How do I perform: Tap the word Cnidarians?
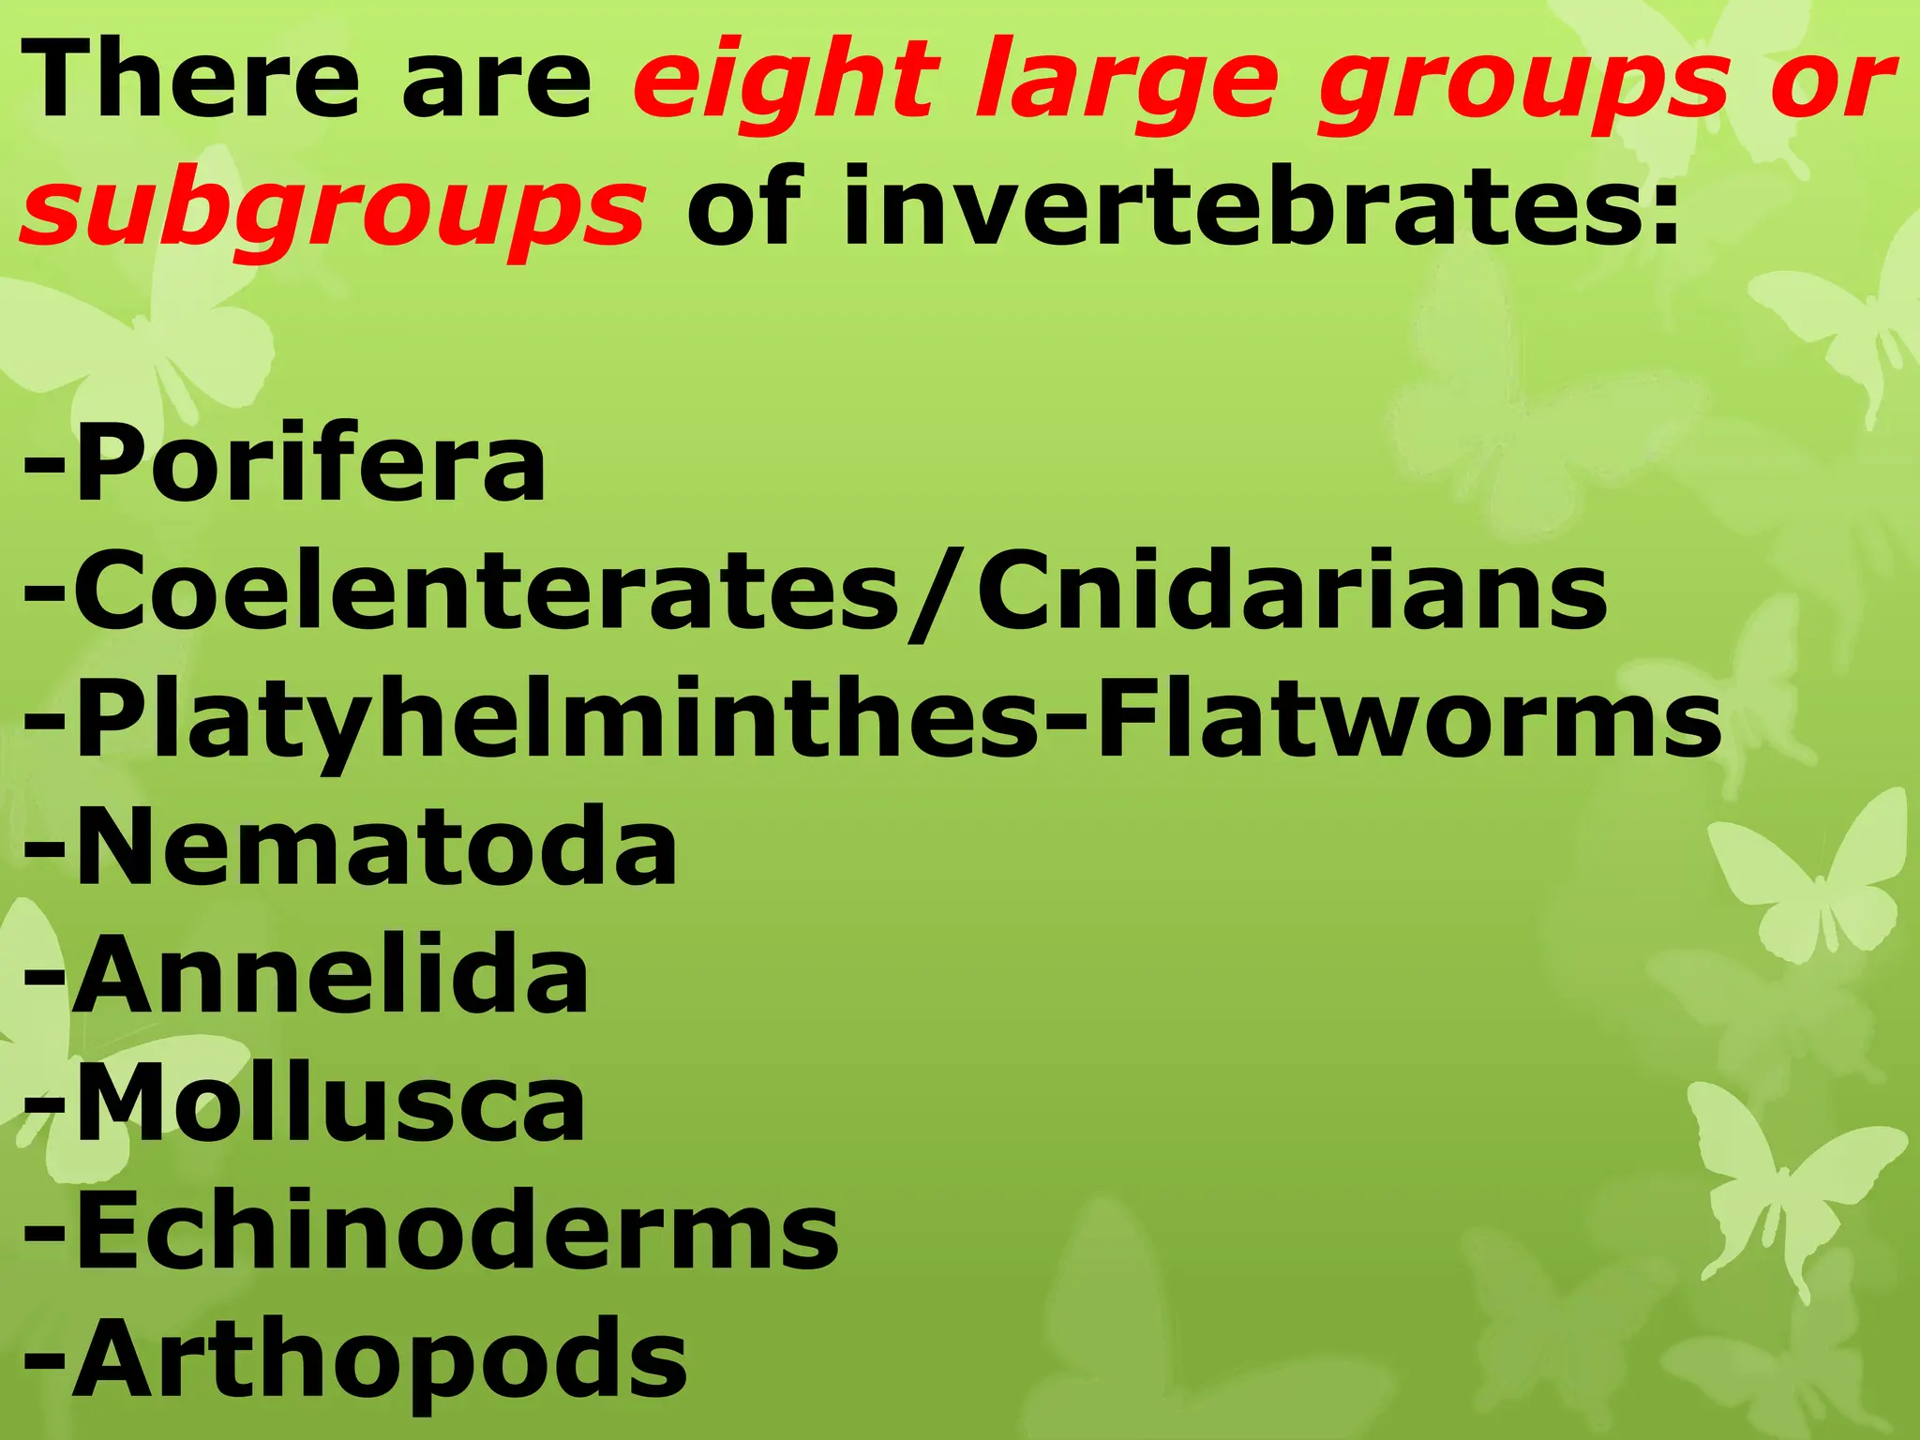(1292, 591)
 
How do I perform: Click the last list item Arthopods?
(381, 1359)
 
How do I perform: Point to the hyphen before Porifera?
(44, 464)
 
